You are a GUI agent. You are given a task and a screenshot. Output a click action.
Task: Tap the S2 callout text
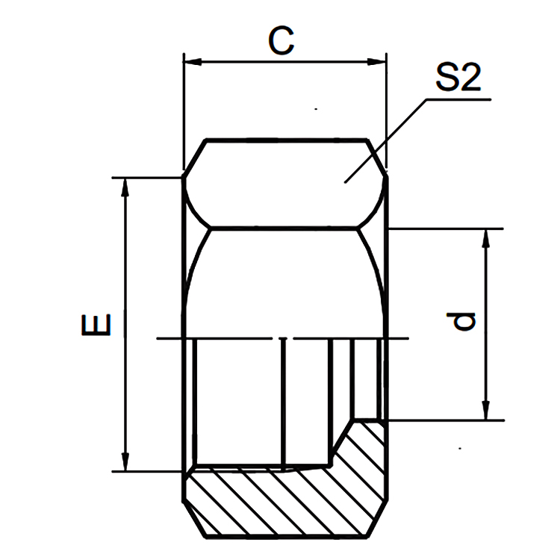(x=457, y=78)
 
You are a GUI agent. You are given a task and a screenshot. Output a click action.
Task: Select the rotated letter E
(x=99, y=325)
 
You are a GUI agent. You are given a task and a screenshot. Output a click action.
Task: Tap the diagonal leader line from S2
(x=385, y=139)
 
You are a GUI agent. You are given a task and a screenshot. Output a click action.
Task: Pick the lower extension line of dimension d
(x=448, y=420)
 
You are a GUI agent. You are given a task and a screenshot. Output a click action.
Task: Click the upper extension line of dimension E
(x=146, y=178)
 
